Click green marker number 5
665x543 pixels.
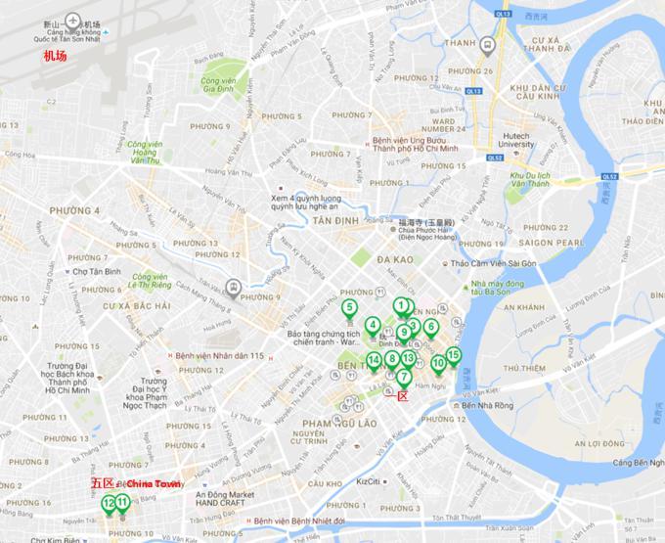click(349, 309)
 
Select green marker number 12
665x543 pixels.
click(108, 503)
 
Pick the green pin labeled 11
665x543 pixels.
click(122, 504)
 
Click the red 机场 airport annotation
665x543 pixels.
click(56, 57)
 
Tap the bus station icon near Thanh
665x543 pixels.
click(488, 45)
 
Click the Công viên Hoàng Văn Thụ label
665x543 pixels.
click(145, 155)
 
